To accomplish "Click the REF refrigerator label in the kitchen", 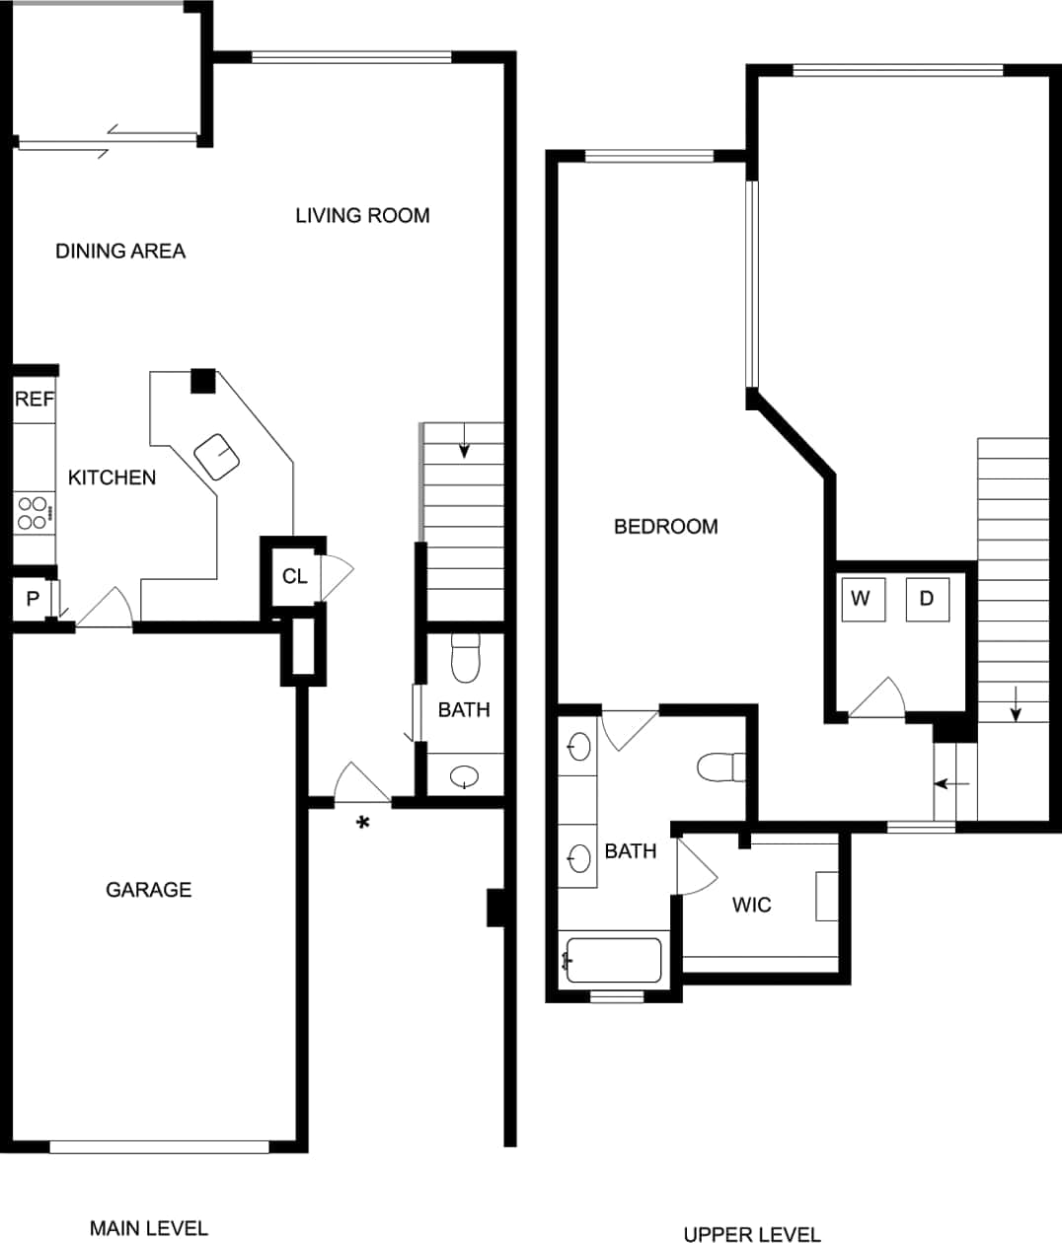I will [x=34, y=400].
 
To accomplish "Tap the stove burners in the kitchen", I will [x=33, y=512].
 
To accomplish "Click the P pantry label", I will [x=33, y=599].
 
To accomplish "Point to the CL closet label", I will [x=294, y=576].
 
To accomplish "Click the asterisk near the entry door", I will [x=363, y=824].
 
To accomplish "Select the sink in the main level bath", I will [x=462, y=777].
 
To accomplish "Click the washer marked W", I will [x=861, y=599].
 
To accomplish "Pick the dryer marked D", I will [x=927, y=599].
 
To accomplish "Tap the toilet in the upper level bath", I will [x=720, y=767].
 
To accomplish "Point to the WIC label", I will [x=751, y=905].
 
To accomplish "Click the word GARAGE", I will [x=148, y=890].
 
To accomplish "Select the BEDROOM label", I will [x=665, y=526].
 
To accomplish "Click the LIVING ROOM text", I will [x=362, y=215].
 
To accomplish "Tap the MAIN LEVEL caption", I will [x=149, y=1228].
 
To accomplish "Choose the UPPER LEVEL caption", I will [x=752, y=1233].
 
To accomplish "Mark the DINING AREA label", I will [x=120, y=251].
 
